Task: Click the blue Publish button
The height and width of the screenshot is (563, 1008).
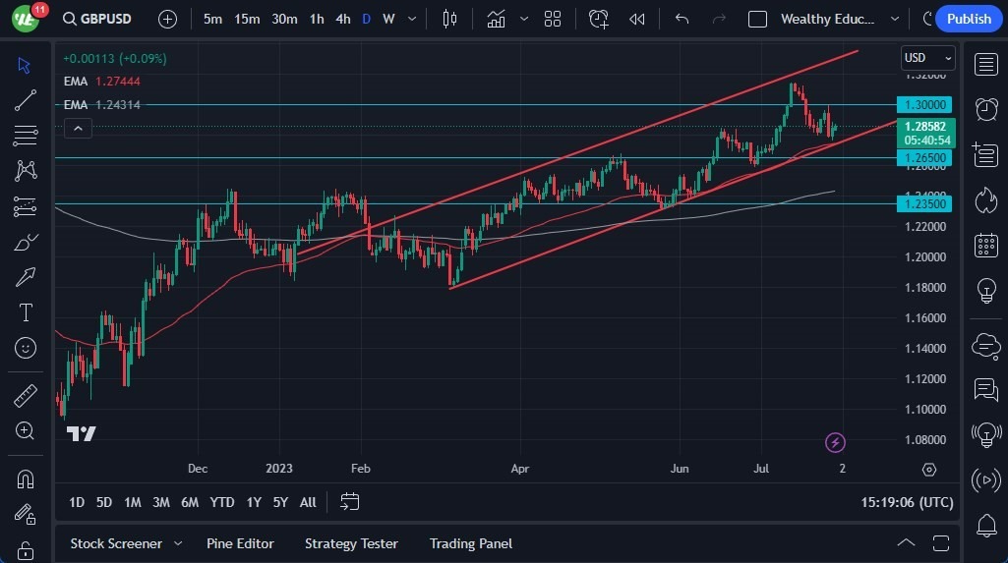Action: pyautogui.click(x=969, y=19)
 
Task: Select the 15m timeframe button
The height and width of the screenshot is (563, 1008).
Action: pyautogui.click(x=247, y=19)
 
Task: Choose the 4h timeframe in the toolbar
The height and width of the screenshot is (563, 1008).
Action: pyautogui.click(x=342, y=19)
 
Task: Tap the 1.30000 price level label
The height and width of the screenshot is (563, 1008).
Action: pyautogui.click(x=924, y=104)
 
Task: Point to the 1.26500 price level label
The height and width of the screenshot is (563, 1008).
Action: pyautogui.click(x=924, y=157)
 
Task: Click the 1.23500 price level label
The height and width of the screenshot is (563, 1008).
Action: pyautogui.click(x=924, y=203)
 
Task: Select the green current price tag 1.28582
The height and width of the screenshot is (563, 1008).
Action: pyautogui.click(x=924, y=127)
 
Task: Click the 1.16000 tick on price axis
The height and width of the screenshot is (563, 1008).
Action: pyautogui.click(x=924, y=318)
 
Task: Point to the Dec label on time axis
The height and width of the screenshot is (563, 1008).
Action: pyautogui.click(x=198, y=469)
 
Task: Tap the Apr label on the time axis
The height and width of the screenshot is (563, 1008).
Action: pyautogui.click(x=520, y=469)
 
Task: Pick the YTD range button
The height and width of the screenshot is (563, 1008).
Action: pyautogui.click(x=222, y=502)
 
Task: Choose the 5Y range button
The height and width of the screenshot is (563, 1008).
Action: pyautogui.click(x=280, y=502)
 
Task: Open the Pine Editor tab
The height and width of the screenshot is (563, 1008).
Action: pyautogui.click(x=240, y=543)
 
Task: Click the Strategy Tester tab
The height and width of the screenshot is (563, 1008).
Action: pyautogui.click(x=351, y=543)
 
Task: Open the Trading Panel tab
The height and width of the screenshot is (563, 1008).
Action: pyautogui.click(x=471, y=543)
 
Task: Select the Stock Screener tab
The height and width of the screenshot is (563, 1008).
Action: pyautogui.click(x=116, y=543)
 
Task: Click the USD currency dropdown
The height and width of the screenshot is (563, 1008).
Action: pyautogui.click(x=927, y=58)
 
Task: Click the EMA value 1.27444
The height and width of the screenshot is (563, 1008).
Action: pyautogui.click(x=118, y=81)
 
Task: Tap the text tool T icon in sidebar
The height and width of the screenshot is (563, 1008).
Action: pyautogui.click(x=26, y=312)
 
